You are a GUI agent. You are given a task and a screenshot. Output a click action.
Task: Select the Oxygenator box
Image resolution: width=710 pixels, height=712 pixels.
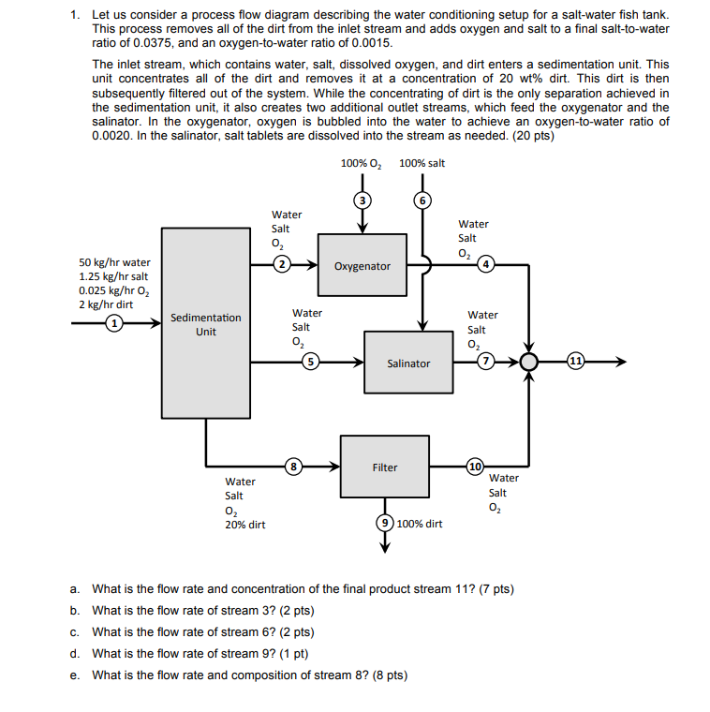pos(362,266)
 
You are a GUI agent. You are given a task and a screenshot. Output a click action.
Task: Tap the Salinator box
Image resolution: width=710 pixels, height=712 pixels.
pos(407,363)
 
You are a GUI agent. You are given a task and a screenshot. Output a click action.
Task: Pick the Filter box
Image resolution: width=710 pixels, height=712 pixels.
pos(384,467)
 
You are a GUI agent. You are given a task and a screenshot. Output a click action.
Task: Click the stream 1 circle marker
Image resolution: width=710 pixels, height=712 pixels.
pos(113,323)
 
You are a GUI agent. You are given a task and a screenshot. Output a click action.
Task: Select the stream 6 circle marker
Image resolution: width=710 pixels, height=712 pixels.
pos(422,200)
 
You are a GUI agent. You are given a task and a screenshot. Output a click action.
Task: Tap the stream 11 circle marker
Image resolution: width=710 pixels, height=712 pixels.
pos(575,362)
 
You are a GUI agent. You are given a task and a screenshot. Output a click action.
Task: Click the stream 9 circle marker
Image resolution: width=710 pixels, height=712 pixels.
pos(384,523)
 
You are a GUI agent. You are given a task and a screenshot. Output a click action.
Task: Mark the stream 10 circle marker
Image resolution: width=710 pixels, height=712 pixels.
pos(475,466)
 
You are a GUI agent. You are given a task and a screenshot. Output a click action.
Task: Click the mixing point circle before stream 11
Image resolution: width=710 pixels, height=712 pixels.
pos(530,362)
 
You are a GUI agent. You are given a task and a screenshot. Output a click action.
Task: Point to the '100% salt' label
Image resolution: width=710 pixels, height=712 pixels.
pos(422,163)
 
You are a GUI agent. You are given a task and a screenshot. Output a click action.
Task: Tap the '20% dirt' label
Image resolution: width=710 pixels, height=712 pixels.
pos(244,525)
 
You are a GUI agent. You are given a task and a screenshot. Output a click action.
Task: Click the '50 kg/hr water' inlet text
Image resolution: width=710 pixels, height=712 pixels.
pos(114,262)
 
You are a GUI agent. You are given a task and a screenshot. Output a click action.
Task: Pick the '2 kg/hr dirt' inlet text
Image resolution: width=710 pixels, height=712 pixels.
pos(106,304)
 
